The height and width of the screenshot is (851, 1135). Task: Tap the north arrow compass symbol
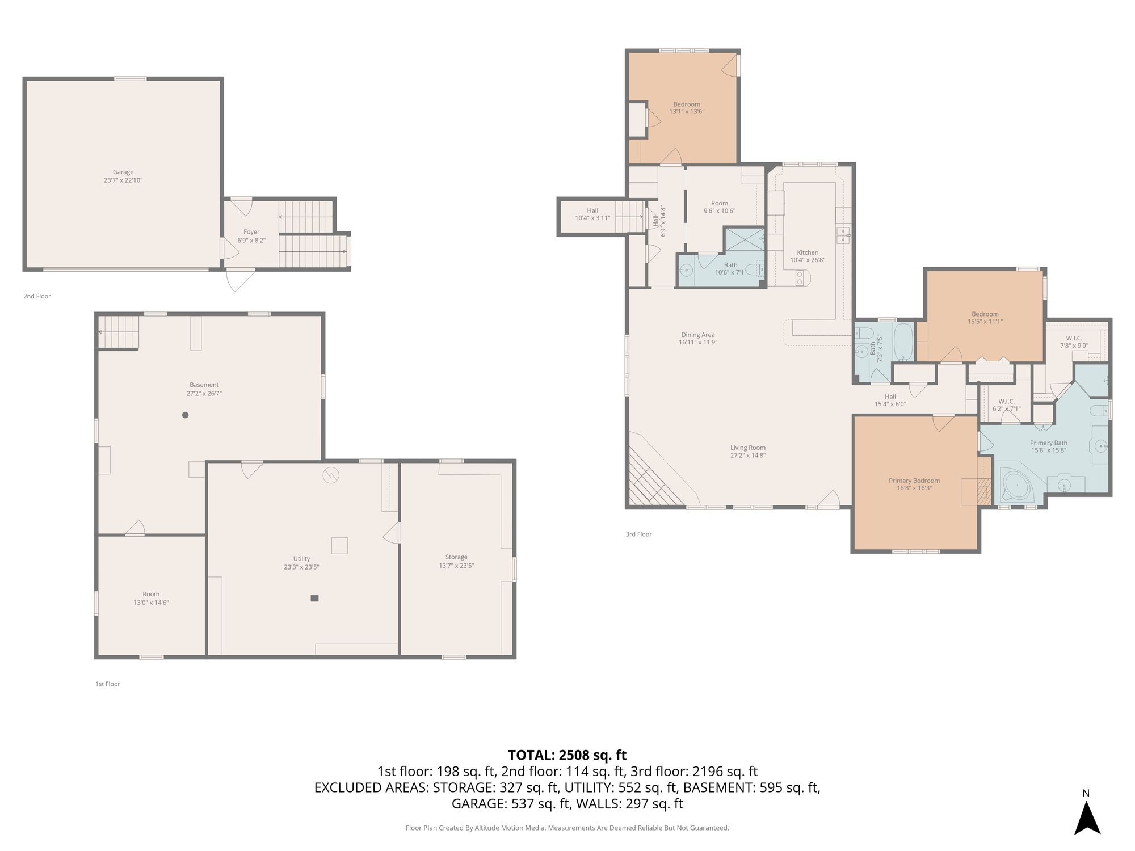pyautogui.click(x=1087, y=814)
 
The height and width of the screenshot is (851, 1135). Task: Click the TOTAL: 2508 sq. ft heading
pyautogui.click(x=567, y=755)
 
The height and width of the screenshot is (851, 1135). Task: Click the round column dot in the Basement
pyautogui.click(x=185, y=415)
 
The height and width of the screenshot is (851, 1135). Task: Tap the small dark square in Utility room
pyautogui.click(x=314, y=598)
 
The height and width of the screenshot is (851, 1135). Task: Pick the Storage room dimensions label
pyautogui.click(x=456, y=566)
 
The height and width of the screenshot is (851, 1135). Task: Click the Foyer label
pyautogui.click(x=251, y=232)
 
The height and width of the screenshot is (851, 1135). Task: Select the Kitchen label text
pyautogui.click(x=808, y=253)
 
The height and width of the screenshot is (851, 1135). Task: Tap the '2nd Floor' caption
pyautogui.click(x=37, y=296)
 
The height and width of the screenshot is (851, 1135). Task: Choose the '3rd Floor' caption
pyautogui.click(x=638, y=534)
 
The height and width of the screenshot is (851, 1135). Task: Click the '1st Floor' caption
pyautogui.click(x=108, y=684)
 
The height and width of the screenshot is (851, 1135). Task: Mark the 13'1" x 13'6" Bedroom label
pyautogui.click(x=687, y=108)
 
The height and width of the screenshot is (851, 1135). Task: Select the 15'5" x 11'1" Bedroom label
pyautogui.click(x=985, y=318)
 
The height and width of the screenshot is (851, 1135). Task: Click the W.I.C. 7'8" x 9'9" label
pyautogui.click(x=1074, y=342)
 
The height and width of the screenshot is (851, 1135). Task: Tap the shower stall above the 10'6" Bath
pyautogui.click(x=744, y=239)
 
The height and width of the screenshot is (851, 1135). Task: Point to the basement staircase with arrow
pyautogui.click(x=119, y=332)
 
